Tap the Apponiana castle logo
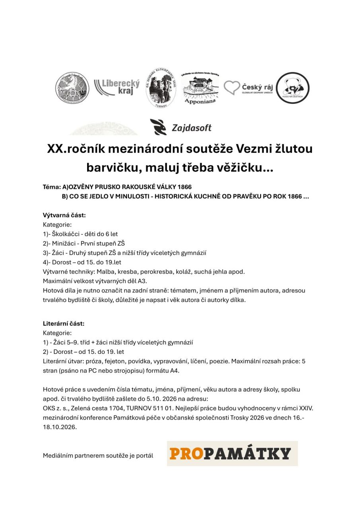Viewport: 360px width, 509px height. (x=200, y=88)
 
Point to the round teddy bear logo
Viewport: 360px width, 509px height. (x=293, y=88)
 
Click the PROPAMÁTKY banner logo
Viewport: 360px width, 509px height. (x=232, y=453)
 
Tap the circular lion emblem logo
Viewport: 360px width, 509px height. (x=72, y=88)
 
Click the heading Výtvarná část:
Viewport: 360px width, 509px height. (x=64, y=215)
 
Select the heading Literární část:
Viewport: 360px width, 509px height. (x=64, y=323)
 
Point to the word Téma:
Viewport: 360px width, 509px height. (x=52, y=187)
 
